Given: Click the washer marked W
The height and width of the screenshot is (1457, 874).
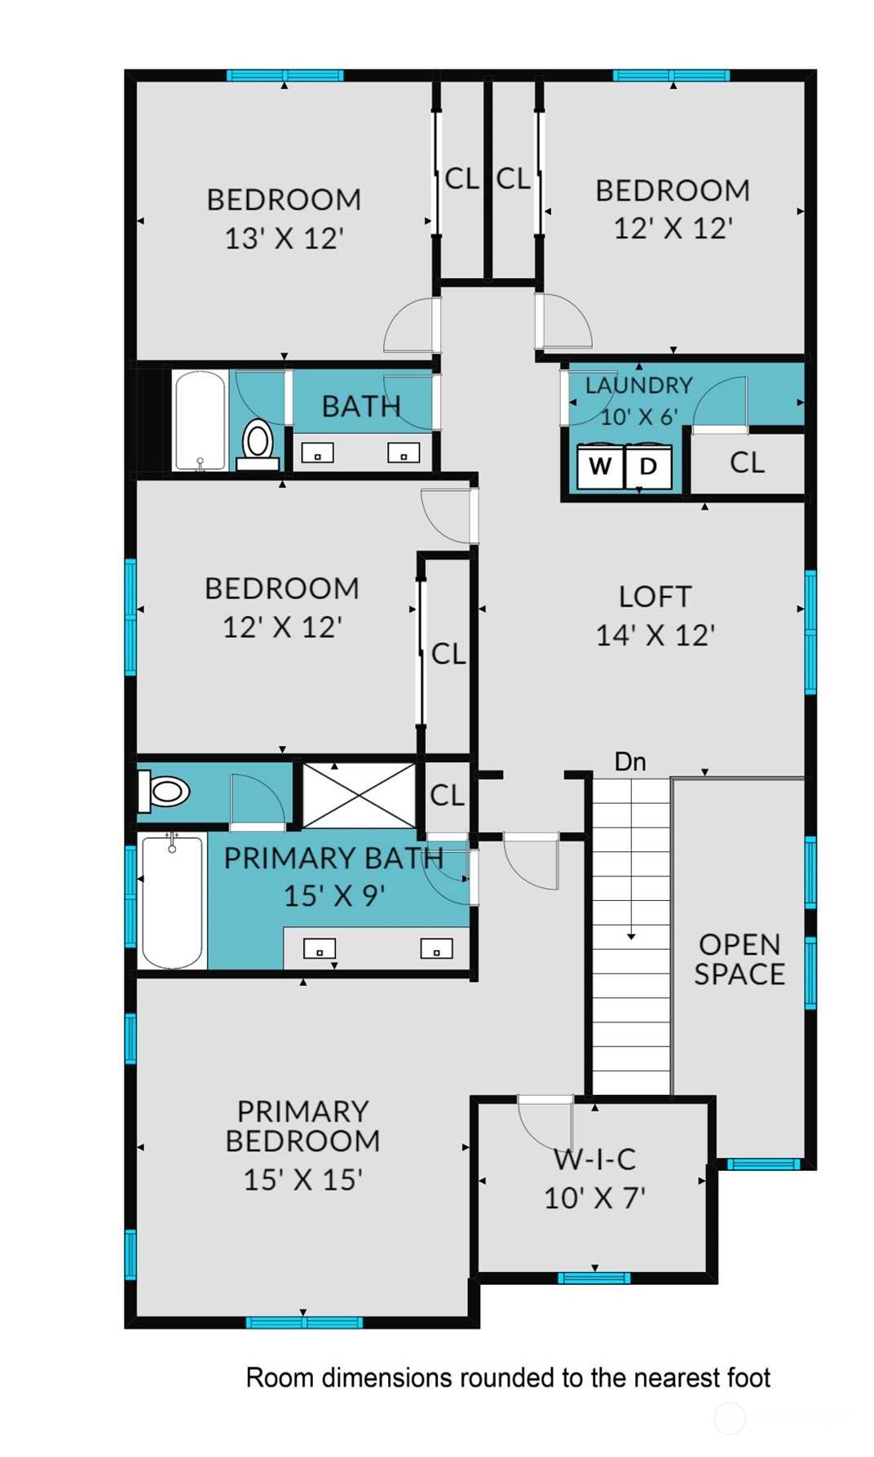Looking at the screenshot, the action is [x=600, y=466].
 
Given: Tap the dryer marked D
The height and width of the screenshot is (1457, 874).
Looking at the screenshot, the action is [x=648, y=466].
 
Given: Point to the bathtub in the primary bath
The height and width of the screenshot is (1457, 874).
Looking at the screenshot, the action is [x=172, y=900].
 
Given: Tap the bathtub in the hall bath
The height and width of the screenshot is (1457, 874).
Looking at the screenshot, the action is [x=200, y=420].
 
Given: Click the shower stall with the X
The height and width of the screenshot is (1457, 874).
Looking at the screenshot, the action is [x=360, y=795].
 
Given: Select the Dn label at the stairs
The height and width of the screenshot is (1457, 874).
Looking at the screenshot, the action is [x=630, y=762].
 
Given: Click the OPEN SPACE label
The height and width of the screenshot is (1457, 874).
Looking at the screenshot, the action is [x=739, y=959].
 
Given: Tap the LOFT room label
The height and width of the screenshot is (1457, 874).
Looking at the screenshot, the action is [x=655, y=596].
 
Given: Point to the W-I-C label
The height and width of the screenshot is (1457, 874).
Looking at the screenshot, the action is [x=595, y=1159].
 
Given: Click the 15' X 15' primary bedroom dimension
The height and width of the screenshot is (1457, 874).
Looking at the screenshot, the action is [x=303, y=1179].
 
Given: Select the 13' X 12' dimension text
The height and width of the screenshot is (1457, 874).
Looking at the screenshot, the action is [x=284, y=238].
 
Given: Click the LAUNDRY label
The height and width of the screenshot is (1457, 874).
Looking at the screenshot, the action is [x=639, y=385].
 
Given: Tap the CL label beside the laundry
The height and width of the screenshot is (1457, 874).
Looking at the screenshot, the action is [x=748, y=462].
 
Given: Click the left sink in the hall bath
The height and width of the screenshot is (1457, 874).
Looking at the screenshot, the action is [x=318, y=453].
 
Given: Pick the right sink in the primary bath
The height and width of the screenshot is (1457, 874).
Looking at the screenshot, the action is [x=436, y=948].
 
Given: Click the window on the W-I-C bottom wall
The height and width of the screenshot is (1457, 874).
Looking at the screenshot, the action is [x=594, y=1278].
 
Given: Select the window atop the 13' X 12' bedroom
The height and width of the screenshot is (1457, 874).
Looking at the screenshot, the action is [x=285, y=76].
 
